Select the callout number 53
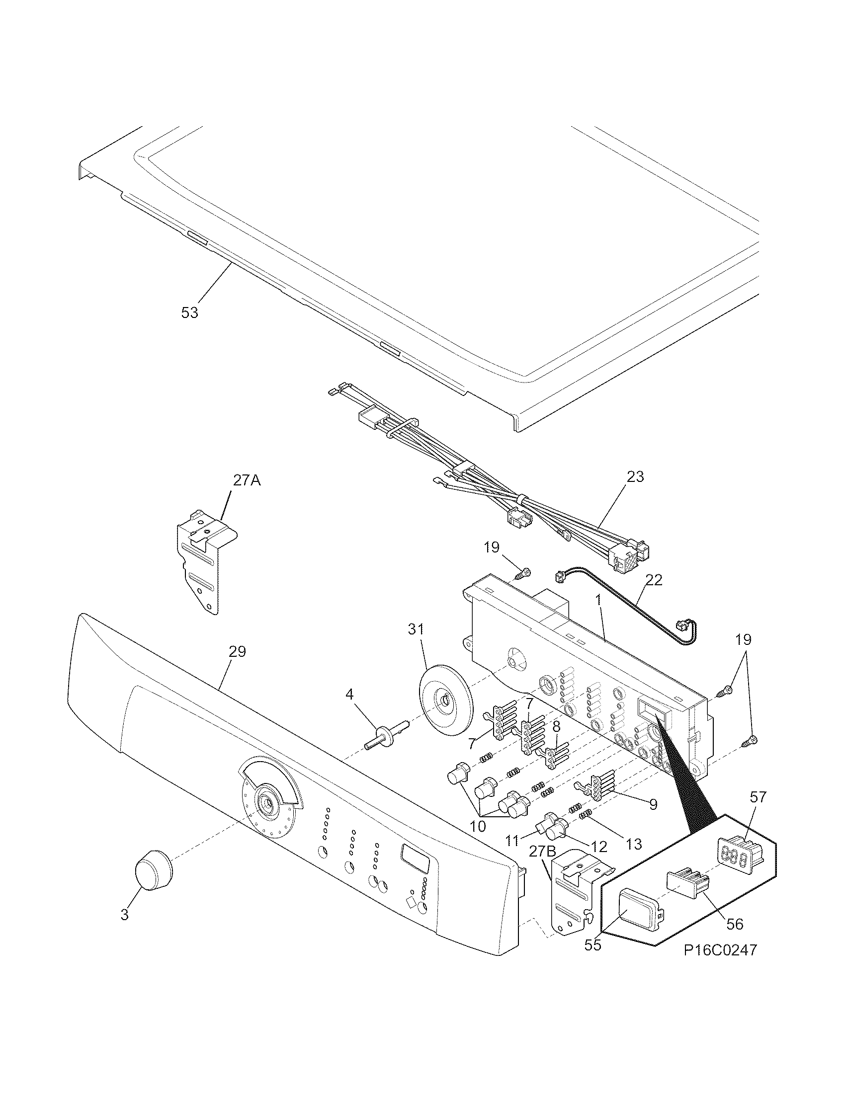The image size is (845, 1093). pyautogui.click(x=190, y=312)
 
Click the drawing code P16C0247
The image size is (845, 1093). pyautogui.click(x=720, y=963)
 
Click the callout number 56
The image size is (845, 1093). pyautogui.click(x=734, y=924)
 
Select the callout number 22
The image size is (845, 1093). pyautogui.click(x=654, y=580)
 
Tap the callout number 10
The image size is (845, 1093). pyautogui.click(x=478, y=826)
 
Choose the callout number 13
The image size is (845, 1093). pyautogui.click(x=634, y=844)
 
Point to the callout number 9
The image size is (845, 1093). pyautogui.click(x=653, y=804)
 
